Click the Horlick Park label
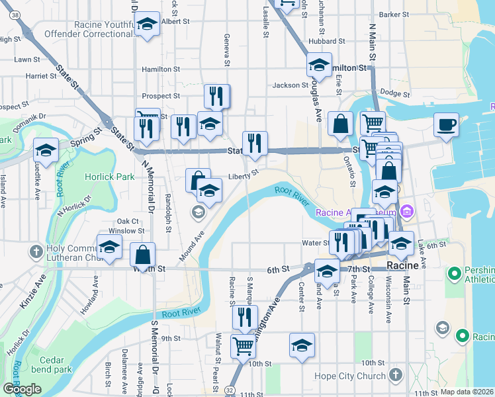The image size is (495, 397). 110,177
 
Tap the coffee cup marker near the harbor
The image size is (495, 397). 446,124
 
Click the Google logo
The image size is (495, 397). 21,389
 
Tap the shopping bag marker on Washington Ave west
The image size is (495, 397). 143,254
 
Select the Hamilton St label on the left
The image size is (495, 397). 161,69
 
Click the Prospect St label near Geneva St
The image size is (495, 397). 161,96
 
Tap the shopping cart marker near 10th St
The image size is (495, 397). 244,345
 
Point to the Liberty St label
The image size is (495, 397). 242,176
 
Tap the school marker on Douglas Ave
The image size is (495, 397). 319,66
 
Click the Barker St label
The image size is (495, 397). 394,14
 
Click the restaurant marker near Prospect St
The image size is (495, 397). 217,97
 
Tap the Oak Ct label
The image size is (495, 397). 128,221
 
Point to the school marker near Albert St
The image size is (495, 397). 147,24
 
